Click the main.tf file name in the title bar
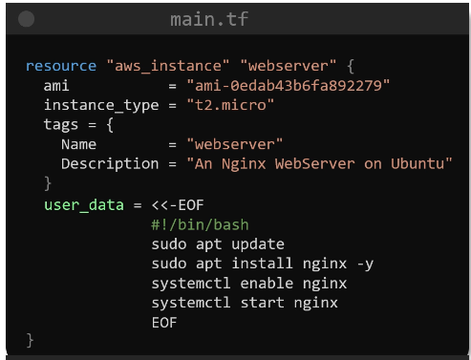[209, 19]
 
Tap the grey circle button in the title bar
[27, 19]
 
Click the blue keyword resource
[61, 66]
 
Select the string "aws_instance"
[168, 66]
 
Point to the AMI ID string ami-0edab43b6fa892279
[289, 86]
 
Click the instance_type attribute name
[101, 105]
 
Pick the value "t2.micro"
[230, 105]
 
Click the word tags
[61, 125]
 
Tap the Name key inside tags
[78, 144]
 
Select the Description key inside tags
[110, 164]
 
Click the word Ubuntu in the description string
[417, 164]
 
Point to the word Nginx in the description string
[244, 164]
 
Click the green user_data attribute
[84, 205]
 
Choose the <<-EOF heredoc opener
[178, 205]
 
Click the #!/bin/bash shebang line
[200, 225]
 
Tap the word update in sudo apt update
[258, 244]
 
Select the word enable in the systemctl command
[267, 284]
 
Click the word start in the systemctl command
[262, 303]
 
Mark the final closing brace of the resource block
[30, 341]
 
